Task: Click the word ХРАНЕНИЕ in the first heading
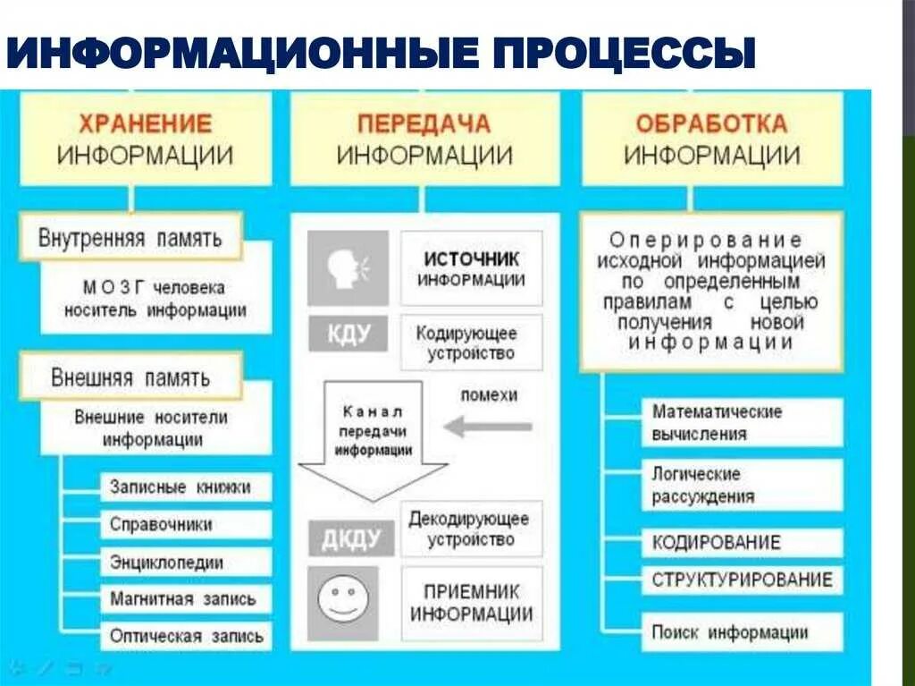147,123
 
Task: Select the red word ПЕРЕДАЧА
424,123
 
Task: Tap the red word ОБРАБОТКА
711,123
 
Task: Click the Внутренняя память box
130,239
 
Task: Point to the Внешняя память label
130,377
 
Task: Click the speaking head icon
348,267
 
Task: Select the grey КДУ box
348,335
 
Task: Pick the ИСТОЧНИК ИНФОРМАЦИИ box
471,268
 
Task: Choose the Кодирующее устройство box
471,343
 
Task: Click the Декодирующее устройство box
471,529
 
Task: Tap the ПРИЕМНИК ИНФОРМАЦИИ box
471,603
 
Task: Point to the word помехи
489,395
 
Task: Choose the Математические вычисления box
741,423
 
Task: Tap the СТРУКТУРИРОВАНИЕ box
741,580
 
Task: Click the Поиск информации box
741,632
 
